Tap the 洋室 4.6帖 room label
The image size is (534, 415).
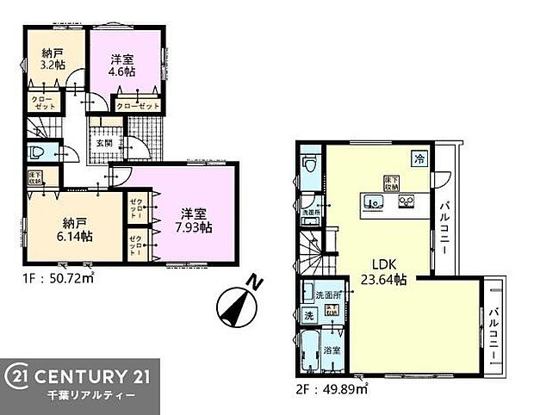[x=121, y=66]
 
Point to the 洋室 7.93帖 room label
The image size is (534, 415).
[x=196, y=220]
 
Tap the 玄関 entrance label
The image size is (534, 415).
[x=103, y=143]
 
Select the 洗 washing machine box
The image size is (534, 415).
[x=308, y=316]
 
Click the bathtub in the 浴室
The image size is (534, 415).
[x=310, y=356]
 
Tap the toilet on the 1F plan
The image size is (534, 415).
[x=37, y=154]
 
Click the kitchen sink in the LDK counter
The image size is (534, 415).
[x=375, y=203]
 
